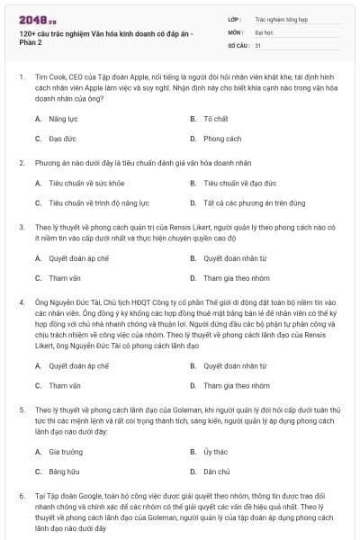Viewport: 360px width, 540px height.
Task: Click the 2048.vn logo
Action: pyautogui.click(x=33, y=17)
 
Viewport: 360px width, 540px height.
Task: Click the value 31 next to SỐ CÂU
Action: pyautogui.click(x=258, y=44)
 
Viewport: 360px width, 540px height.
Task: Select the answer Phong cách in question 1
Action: pyautogui.click(x=221, y=139)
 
